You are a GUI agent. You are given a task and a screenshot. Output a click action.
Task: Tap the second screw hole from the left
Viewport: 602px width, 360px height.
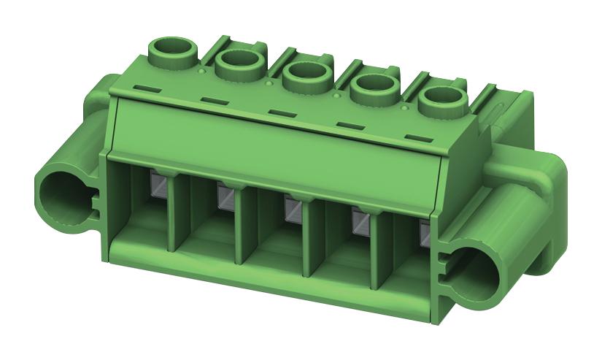pyautogui.click(x=238, y=63)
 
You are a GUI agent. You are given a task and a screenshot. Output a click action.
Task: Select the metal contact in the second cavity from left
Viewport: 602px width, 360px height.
pyautogui.click(x=225, y=195)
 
